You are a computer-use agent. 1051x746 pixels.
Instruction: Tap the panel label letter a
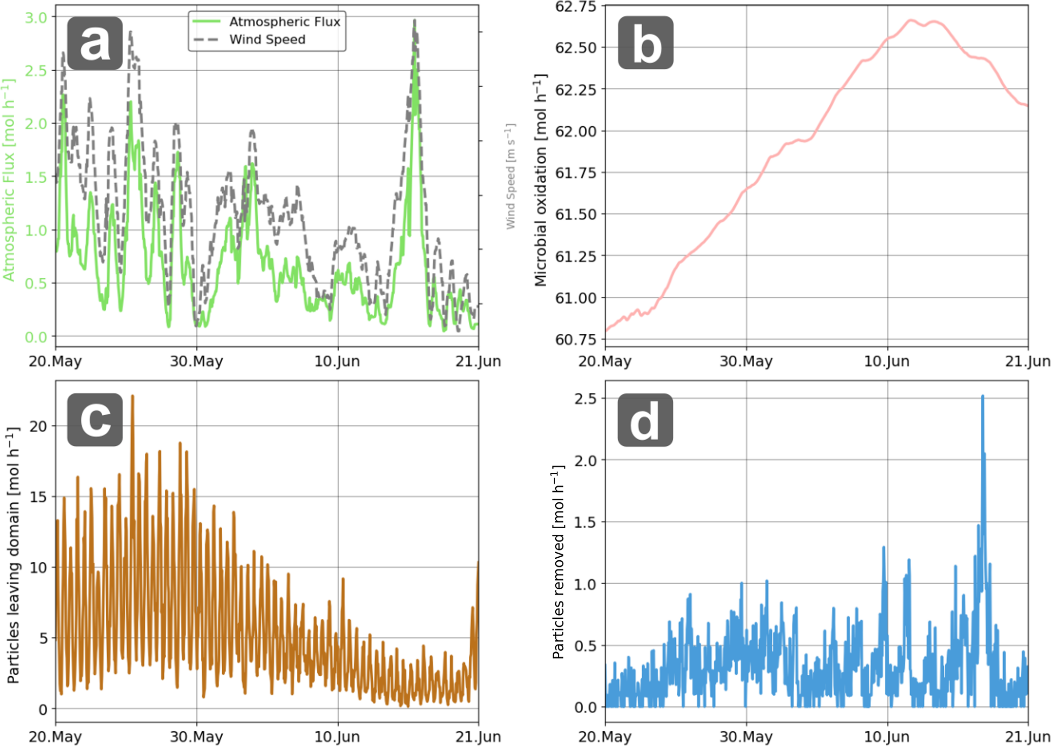[x=95, y=43]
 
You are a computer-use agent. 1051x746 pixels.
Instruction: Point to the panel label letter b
[x=645, y=43]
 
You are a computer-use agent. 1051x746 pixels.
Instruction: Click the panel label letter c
[x=95, y=420]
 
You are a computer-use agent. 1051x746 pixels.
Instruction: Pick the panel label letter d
[x=645, y=420]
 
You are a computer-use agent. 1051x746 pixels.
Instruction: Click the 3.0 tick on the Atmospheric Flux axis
[x=36, y=18]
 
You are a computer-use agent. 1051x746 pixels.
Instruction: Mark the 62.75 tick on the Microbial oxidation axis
[x=576, y=7]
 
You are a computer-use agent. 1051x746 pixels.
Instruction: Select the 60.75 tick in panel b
[x=576, y=339]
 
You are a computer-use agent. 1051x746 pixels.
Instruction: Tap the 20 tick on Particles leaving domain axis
[x=38, y=426]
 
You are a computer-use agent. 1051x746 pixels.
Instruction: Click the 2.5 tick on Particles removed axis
[x=585, y=398]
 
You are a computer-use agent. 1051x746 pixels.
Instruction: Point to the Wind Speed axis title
[x=511, y=176]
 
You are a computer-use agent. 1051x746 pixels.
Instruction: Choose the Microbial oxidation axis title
[x=540, y=181]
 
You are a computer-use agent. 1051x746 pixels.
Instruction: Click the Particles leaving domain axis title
[x=13, y=555]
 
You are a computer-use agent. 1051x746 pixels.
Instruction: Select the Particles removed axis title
[x=558, y=562]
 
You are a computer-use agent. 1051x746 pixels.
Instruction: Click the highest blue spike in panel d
[x=982, y=396]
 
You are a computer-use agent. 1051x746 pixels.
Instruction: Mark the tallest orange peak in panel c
[x=133, y=396]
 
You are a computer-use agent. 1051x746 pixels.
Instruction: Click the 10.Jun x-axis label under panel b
[x=887, y=362]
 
